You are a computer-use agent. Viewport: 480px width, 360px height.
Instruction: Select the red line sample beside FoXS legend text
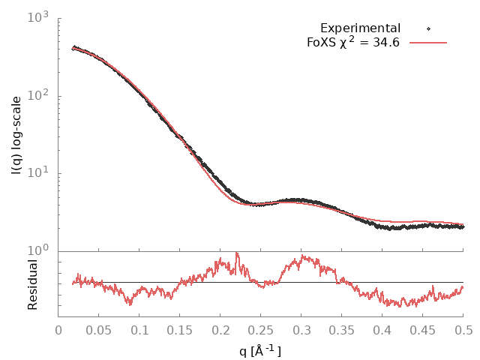(428, 43)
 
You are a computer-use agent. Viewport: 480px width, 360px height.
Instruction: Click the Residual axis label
(32, 284)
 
